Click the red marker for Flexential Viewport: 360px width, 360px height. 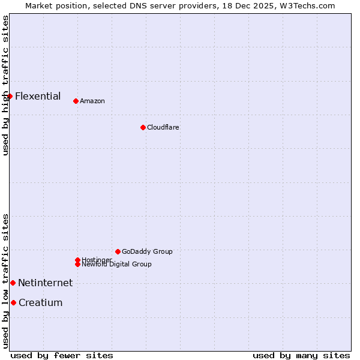coord(10,96)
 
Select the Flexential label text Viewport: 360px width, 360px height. coord(37,96)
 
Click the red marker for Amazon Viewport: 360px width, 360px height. coord(76,101)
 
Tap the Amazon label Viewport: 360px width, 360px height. coord(92,101)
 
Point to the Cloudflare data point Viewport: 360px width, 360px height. coord(143,127)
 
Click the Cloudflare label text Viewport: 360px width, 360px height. coord(163,127)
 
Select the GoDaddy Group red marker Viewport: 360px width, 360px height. coord(118,251)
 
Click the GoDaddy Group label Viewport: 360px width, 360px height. coord(146,251)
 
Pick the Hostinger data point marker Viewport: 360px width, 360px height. coord(77,260)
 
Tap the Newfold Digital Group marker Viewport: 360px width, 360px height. coord(77,264)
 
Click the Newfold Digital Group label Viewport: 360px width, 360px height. coord(116,265)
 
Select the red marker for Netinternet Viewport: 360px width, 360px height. coord(13,283)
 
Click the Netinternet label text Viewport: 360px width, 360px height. coord(45,283)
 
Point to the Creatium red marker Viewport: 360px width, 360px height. coord(13,302)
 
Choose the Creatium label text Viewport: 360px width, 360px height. coord(40,302)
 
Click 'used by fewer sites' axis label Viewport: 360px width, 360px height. coord(62,355)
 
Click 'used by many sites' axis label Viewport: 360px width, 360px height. coord(301,355)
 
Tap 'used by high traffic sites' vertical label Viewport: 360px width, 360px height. coord(5,85)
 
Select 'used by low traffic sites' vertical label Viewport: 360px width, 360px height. coord(5,281)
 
